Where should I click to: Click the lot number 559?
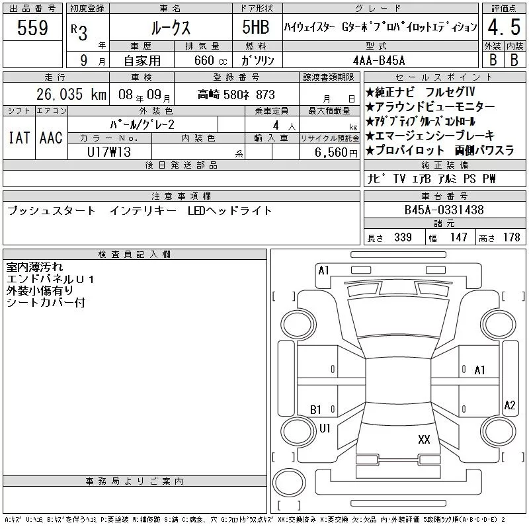coord(32,28)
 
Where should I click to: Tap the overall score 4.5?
coord(504,27)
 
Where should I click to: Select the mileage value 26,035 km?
coord(71,94)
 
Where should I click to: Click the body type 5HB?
coord(256,27)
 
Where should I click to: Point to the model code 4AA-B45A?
coord(379,60)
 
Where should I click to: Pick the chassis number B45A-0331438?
coord(444,210)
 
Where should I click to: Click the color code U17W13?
coord(109,152)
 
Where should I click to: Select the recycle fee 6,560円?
coord(336,152)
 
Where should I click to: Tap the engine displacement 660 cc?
coord(210,60)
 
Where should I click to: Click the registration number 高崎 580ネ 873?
coord(236,95)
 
